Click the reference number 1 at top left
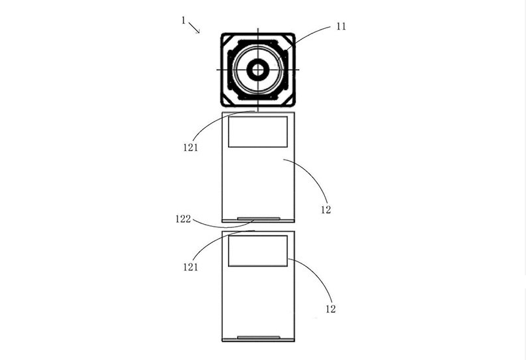(x=183, y=20)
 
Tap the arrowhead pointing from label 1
(x=198, y=32)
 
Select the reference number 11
(x=341, y=26)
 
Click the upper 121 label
(x=191, y=148)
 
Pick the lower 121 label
(x=191, y=267)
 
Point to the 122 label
(x=183, y=219)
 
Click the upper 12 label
(x=325, y=210)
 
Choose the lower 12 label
(x=331, y=309)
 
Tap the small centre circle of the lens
(x=258, y=70)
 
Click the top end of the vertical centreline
(x=258, y=28)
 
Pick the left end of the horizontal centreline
(x=217, y=70)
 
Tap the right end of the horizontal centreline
(x=299, y=70)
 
